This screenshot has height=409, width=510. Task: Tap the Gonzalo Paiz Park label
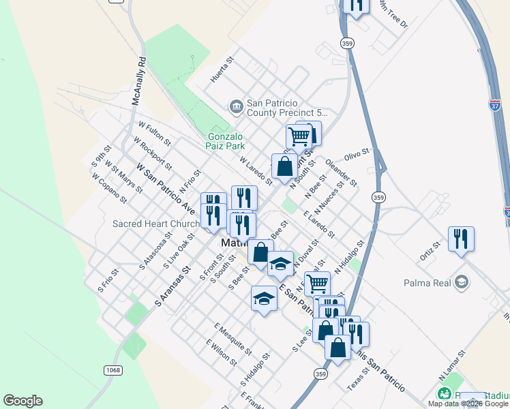click(x=226, y=140)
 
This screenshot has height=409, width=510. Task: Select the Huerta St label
click(x=222, y=70)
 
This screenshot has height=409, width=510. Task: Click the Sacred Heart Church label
click(x=156, y=224)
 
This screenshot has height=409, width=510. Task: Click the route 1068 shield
click(x=114, y=370)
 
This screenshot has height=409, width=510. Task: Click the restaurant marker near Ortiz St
click(x=462, y=239)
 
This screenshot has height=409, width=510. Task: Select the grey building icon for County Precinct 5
click(x=236, y=106)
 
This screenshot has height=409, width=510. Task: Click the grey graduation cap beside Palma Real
click(x=462, y=282)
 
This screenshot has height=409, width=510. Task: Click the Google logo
click(x=22, y=401)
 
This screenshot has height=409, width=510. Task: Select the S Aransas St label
click(x=171, y=286)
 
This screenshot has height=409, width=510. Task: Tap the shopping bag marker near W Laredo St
click(x=284, y=166)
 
